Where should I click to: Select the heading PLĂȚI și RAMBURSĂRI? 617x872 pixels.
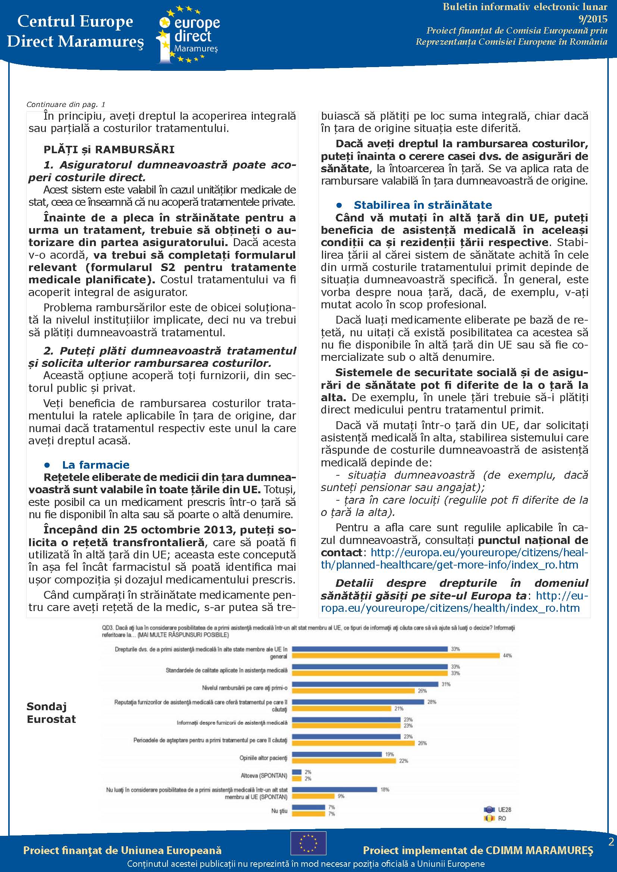(x=109, y=149)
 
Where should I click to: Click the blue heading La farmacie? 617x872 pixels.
(x=95, y=465)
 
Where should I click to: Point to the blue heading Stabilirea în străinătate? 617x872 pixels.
(x=423, y=205)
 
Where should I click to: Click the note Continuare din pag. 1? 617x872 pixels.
(x=66, y=104)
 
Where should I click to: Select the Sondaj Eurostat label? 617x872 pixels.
(x=51, y=713)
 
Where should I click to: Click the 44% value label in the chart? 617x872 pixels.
(x=507, y=655)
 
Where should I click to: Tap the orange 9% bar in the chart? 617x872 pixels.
(x=313, y=796)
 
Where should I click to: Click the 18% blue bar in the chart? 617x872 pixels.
(x=334, y=790)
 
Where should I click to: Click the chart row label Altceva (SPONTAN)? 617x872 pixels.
(x=264, y=775)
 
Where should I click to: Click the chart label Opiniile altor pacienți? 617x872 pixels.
(x=263, y=758)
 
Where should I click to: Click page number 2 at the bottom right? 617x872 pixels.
(x=611, y=842)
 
